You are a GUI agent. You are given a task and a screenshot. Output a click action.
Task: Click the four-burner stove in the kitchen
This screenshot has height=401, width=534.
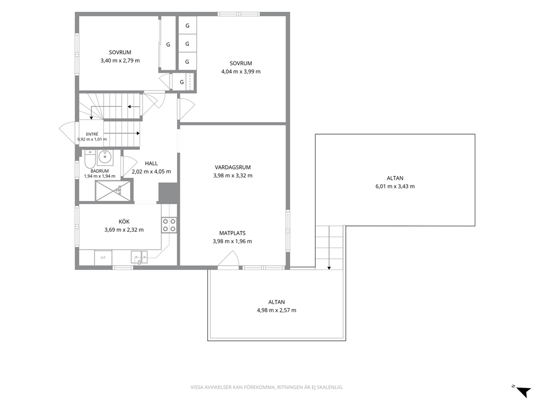(x=169, y=225)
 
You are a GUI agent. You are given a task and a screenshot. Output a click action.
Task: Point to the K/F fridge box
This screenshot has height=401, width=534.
(x=103, y=258)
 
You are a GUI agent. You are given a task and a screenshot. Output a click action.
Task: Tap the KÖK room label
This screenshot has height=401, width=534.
(x=124, y=222)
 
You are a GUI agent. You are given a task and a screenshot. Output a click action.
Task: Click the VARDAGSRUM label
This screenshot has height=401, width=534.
(x=233, y=168)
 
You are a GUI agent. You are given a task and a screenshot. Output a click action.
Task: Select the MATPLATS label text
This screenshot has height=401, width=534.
(x=232, y=233)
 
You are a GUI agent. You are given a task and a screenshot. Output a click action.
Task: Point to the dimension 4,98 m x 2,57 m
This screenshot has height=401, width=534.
(x=277, y=310)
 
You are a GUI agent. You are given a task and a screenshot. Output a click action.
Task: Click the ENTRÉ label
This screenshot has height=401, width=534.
(x=92, y=134)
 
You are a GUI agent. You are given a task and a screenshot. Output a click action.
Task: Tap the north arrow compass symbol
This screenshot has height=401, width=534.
(x=522, y=390)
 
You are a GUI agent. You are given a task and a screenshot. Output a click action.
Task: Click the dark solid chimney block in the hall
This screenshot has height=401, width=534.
(x=168, y=192)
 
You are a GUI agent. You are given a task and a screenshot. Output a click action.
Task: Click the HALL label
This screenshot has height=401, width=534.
(x=151, y=163)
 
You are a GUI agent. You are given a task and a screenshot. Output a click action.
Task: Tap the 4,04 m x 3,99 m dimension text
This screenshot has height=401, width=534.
(x=241, y=72)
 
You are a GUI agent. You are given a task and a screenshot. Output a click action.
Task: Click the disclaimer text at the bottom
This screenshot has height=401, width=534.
(x=266, y=388)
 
